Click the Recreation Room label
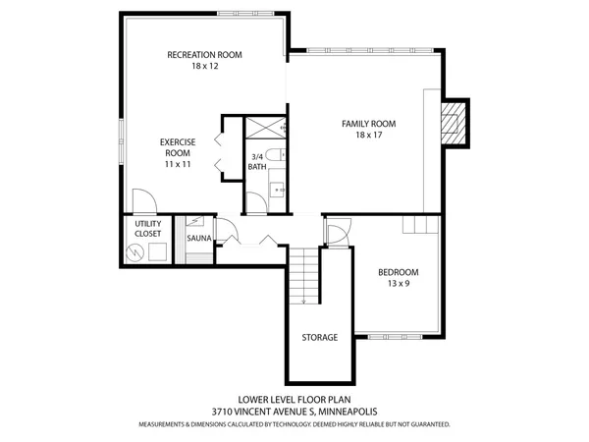pyautogui.click(x=204, y=55)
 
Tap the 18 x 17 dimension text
pyautogui.click(x=368, y=136)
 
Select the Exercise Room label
pyautogui.click(x=177, y=147)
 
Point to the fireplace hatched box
pyautogui.click(x=453, y=122)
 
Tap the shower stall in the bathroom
pyautogui.click(x=263, y=129)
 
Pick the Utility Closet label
pyautogui.click(x=148, y=230)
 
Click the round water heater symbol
pyautogui.click(x=134, y=253)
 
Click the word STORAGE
pyautogui.click(x=319, y=337)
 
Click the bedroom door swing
pyautogui.click(x=336, y=236)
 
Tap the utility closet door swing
pyautogui.click(x=143, y=203)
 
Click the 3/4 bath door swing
pyautogui.click(x=254, y=203)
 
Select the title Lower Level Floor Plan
pyautogui.click(x=294, y=400)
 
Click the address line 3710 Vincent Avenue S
pyautogui.click(x=294, y=412)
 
